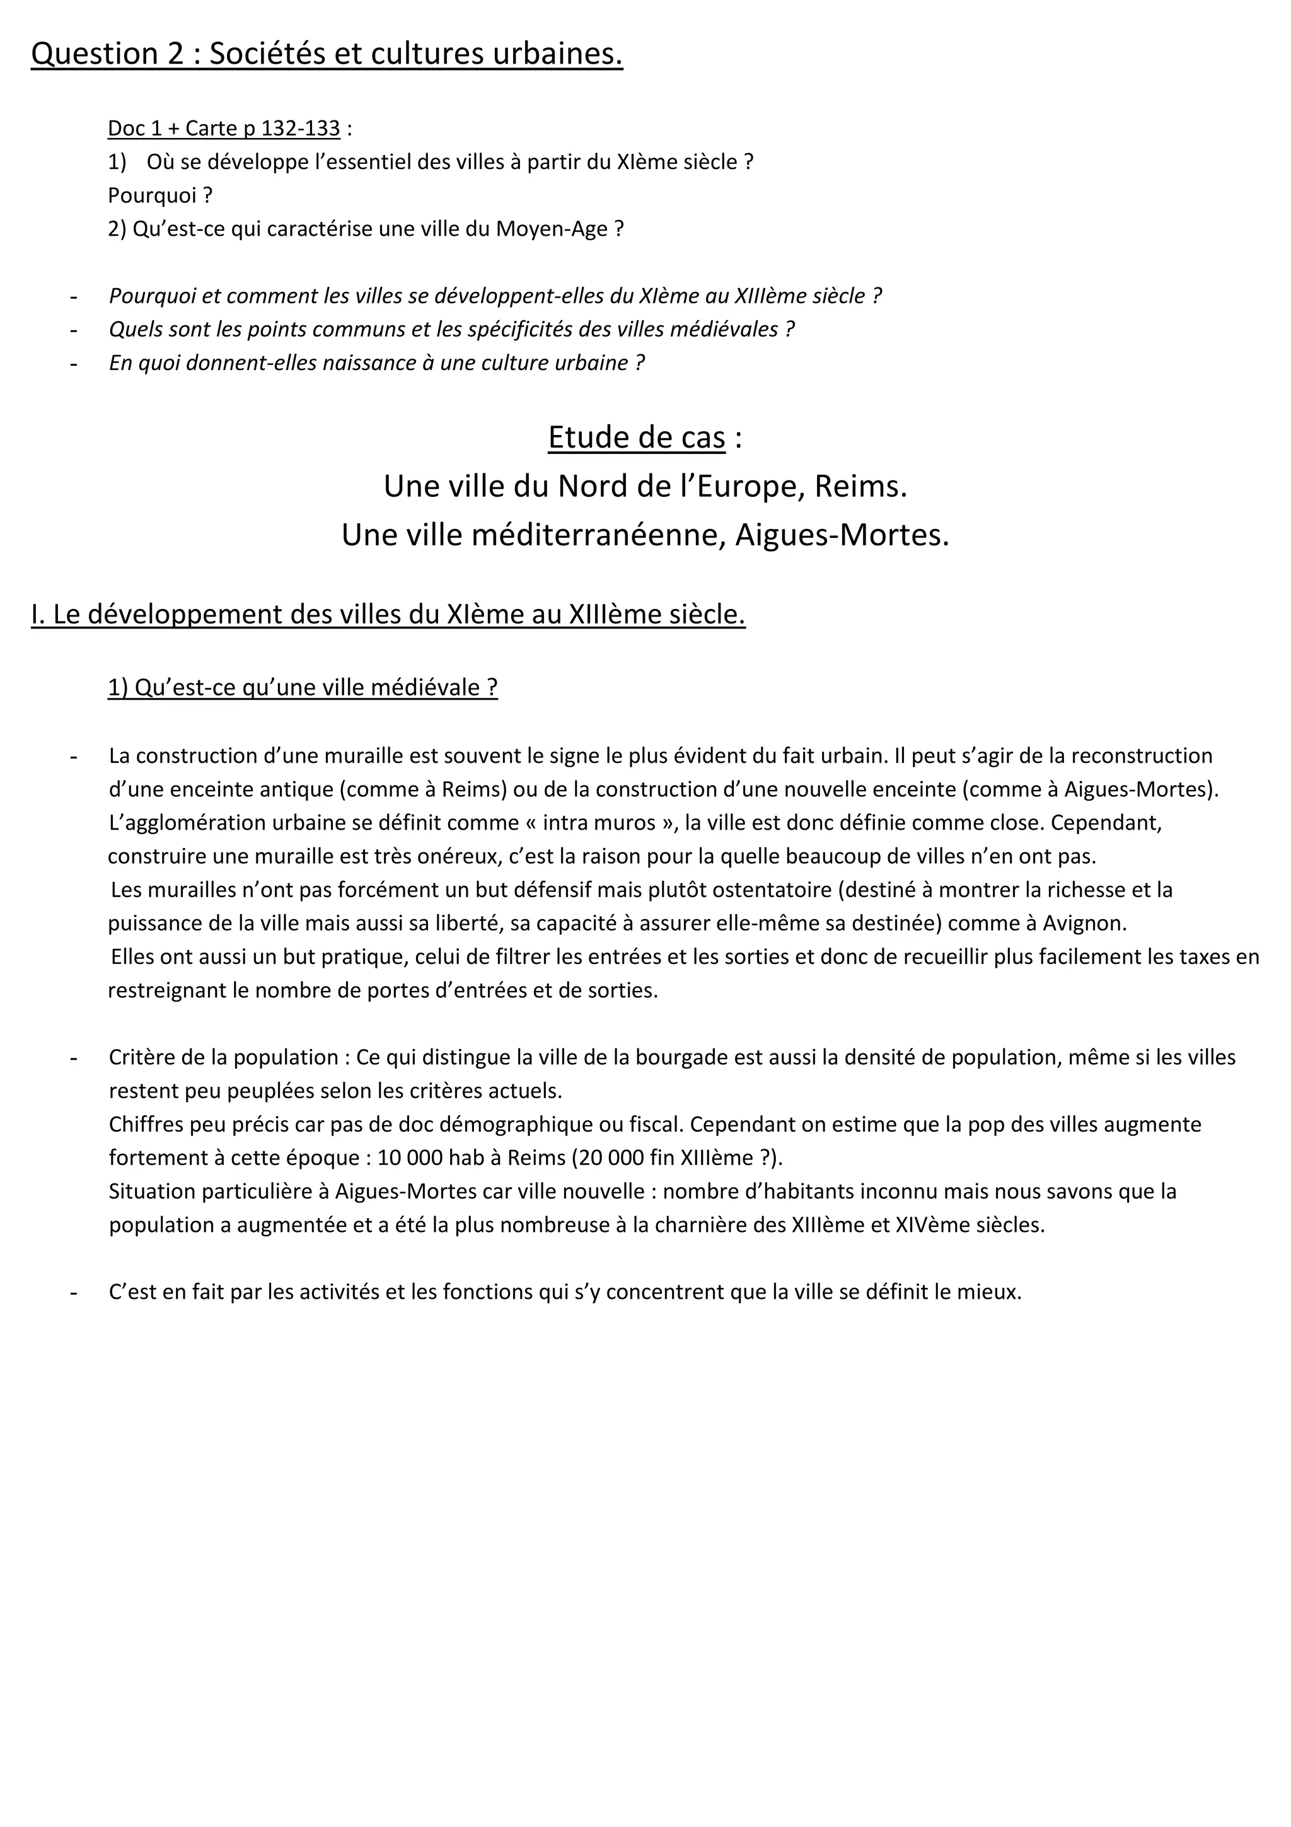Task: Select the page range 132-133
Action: coord(301,128)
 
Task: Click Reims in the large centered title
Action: coord(857,486)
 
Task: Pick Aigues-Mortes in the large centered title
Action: coord(842,535)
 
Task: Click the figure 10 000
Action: coord(410,1157)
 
